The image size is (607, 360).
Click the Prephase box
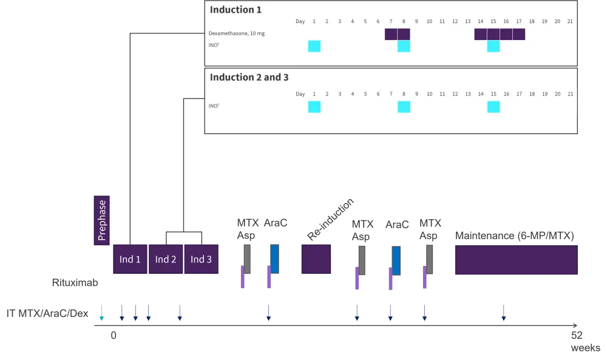(102, 220)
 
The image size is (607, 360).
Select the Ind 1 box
(130, 259)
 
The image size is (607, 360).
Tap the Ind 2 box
(166, 259)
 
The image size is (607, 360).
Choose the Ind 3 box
(201, 259)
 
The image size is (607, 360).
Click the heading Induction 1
(236, 10)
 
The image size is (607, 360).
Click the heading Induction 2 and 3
(249, 77)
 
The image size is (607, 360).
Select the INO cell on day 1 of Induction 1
(314, 46)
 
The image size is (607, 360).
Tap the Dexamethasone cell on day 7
(391, 34)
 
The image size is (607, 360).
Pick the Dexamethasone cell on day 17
(519, 34)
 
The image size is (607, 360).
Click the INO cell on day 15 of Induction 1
(493, 46)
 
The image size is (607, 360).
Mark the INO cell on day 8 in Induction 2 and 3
(404, 107)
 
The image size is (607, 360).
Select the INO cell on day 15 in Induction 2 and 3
(493, 107)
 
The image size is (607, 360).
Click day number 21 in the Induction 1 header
(570, 22)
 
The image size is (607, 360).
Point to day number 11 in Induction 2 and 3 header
(442, 94)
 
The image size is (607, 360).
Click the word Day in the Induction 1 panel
(300, 22)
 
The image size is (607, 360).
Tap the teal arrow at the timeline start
(101, 312)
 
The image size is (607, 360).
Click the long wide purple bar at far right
(516, 260)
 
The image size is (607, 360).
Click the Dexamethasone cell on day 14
(481, 34)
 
